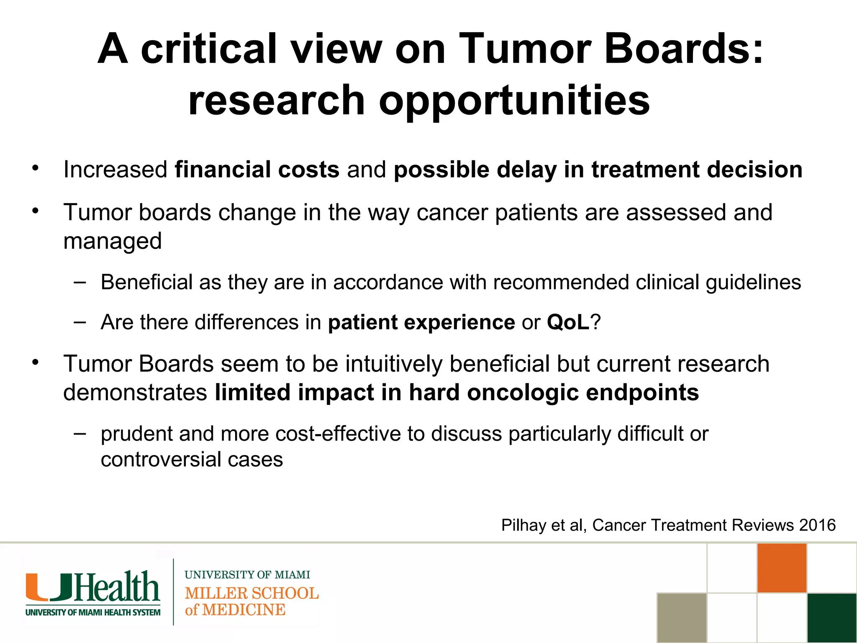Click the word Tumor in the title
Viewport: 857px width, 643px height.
click(x=523, y=49)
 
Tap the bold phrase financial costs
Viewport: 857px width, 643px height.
click(x=257, y=170)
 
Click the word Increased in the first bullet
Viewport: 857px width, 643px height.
click(x=115, y=170)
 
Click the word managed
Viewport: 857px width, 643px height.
click(x=112, y=242)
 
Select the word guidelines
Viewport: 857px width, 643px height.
click(x=753, y=283)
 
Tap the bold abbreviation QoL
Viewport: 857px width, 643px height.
click(x=568, y=322)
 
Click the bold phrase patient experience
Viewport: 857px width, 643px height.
click(x=421, y=323)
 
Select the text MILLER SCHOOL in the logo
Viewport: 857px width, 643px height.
click(x=252, y=593)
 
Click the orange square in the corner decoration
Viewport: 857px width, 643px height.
click(x=782, y=568)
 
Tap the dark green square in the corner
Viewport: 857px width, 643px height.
click(x=832, y=617)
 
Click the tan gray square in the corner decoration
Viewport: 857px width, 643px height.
click(x=682, y=617)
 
